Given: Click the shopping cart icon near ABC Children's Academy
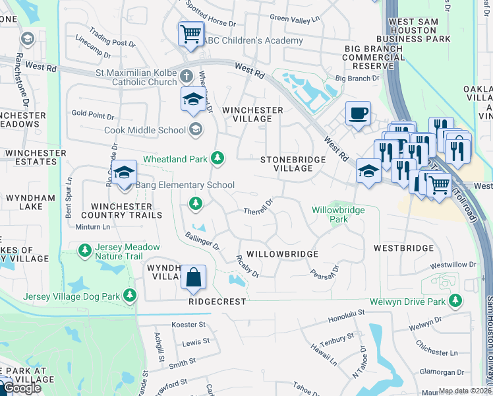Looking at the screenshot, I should (191, 33).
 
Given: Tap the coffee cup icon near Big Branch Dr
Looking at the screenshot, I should (358, 113).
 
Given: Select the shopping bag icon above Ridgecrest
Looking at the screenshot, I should (194, 277).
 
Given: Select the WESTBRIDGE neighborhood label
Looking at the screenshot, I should (403, 248).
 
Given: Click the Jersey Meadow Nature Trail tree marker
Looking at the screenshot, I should (84, 250).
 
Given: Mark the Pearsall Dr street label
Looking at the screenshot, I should (324, 270).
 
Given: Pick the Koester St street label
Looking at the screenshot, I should (188, 325).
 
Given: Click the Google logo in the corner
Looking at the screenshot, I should (21, 388).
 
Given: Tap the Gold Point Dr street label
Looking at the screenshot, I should (93, 114).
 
